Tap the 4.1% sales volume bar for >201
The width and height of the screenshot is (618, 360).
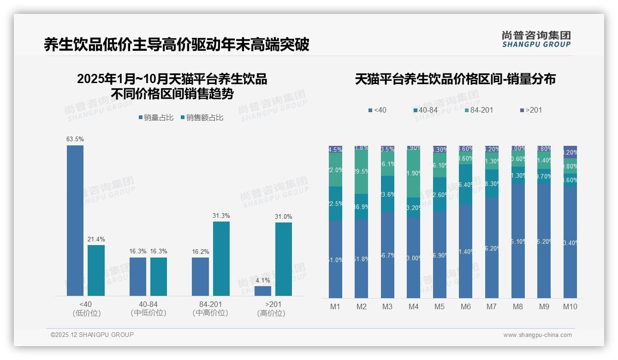[x=263, y=291]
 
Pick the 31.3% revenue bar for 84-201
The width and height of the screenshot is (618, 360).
[x=221, y=258]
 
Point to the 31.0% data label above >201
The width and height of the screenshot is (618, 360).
[x=283, y=217]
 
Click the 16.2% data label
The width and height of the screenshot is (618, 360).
[x=200, y=252]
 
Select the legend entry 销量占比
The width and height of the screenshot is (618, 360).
[x=156, y=118]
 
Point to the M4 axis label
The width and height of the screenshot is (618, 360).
[x=413, y=306]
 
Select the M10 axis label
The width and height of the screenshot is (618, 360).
[x=570, y=306]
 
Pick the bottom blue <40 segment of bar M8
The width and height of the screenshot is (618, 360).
[x=518, y=241]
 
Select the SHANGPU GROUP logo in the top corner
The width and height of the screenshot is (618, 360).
[x=536, y=39]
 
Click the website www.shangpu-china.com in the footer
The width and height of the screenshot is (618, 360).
[x=537, y=335]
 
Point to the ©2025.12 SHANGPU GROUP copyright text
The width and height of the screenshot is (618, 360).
[x=92, y=335]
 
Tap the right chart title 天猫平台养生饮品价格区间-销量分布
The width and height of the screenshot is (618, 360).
[x=455, y=79]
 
